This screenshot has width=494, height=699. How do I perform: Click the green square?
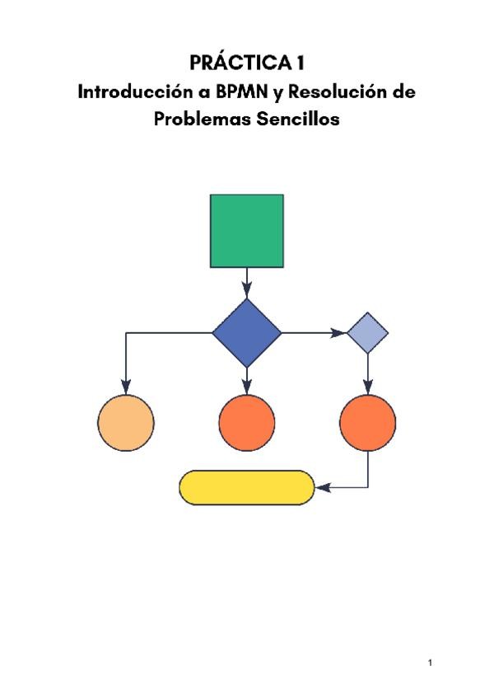pos(247,231)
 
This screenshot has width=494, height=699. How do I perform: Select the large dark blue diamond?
pos(247,333)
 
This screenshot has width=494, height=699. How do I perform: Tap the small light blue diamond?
pos(367,333)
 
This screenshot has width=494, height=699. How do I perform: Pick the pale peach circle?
pos(126,423)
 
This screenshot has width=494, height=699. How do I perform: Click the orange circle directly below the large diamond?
pos(247,423)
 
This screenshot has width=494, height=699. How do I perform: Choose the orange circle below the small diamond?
pos(367,423)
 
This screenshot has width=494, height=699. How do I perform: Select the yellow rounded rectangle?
pos(247,487)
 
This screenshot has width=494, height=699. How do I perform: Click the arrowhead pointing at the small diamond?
pos(338,333)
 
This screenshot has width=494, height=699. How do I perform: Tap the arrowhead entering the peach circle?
pos(126,387)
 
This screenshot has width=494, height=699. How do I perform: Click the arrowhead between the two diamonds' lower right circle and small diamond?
pos(367,387)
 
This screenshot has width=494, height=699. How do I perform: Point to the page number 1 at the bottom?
pos(431,662)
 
